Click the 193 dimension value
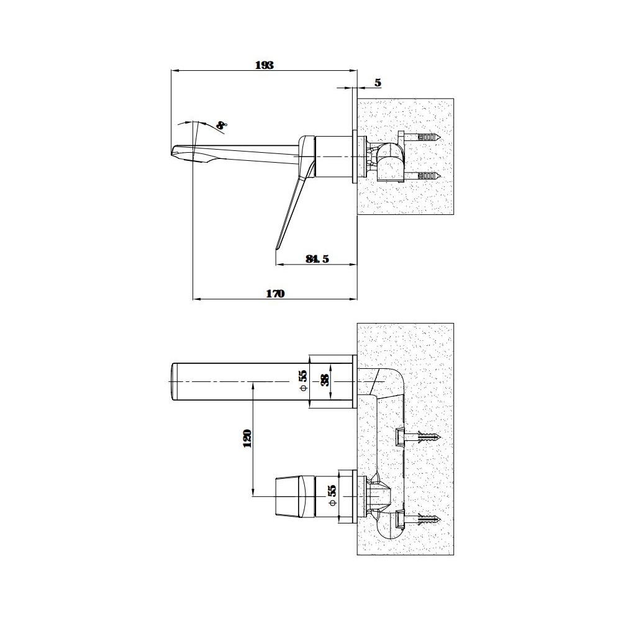point(264,65)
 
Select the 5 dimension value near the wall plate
point(378,83)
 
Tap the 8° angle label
point(222,125)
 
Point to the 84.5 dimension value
point(317,259)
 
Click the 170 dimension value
point(275,294)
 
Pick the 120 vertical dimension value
point(247,438)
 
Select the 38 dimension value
point(324,380)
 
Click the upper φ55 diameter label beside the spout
point(303,381)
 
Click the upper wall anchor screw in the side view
point(422,137)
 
